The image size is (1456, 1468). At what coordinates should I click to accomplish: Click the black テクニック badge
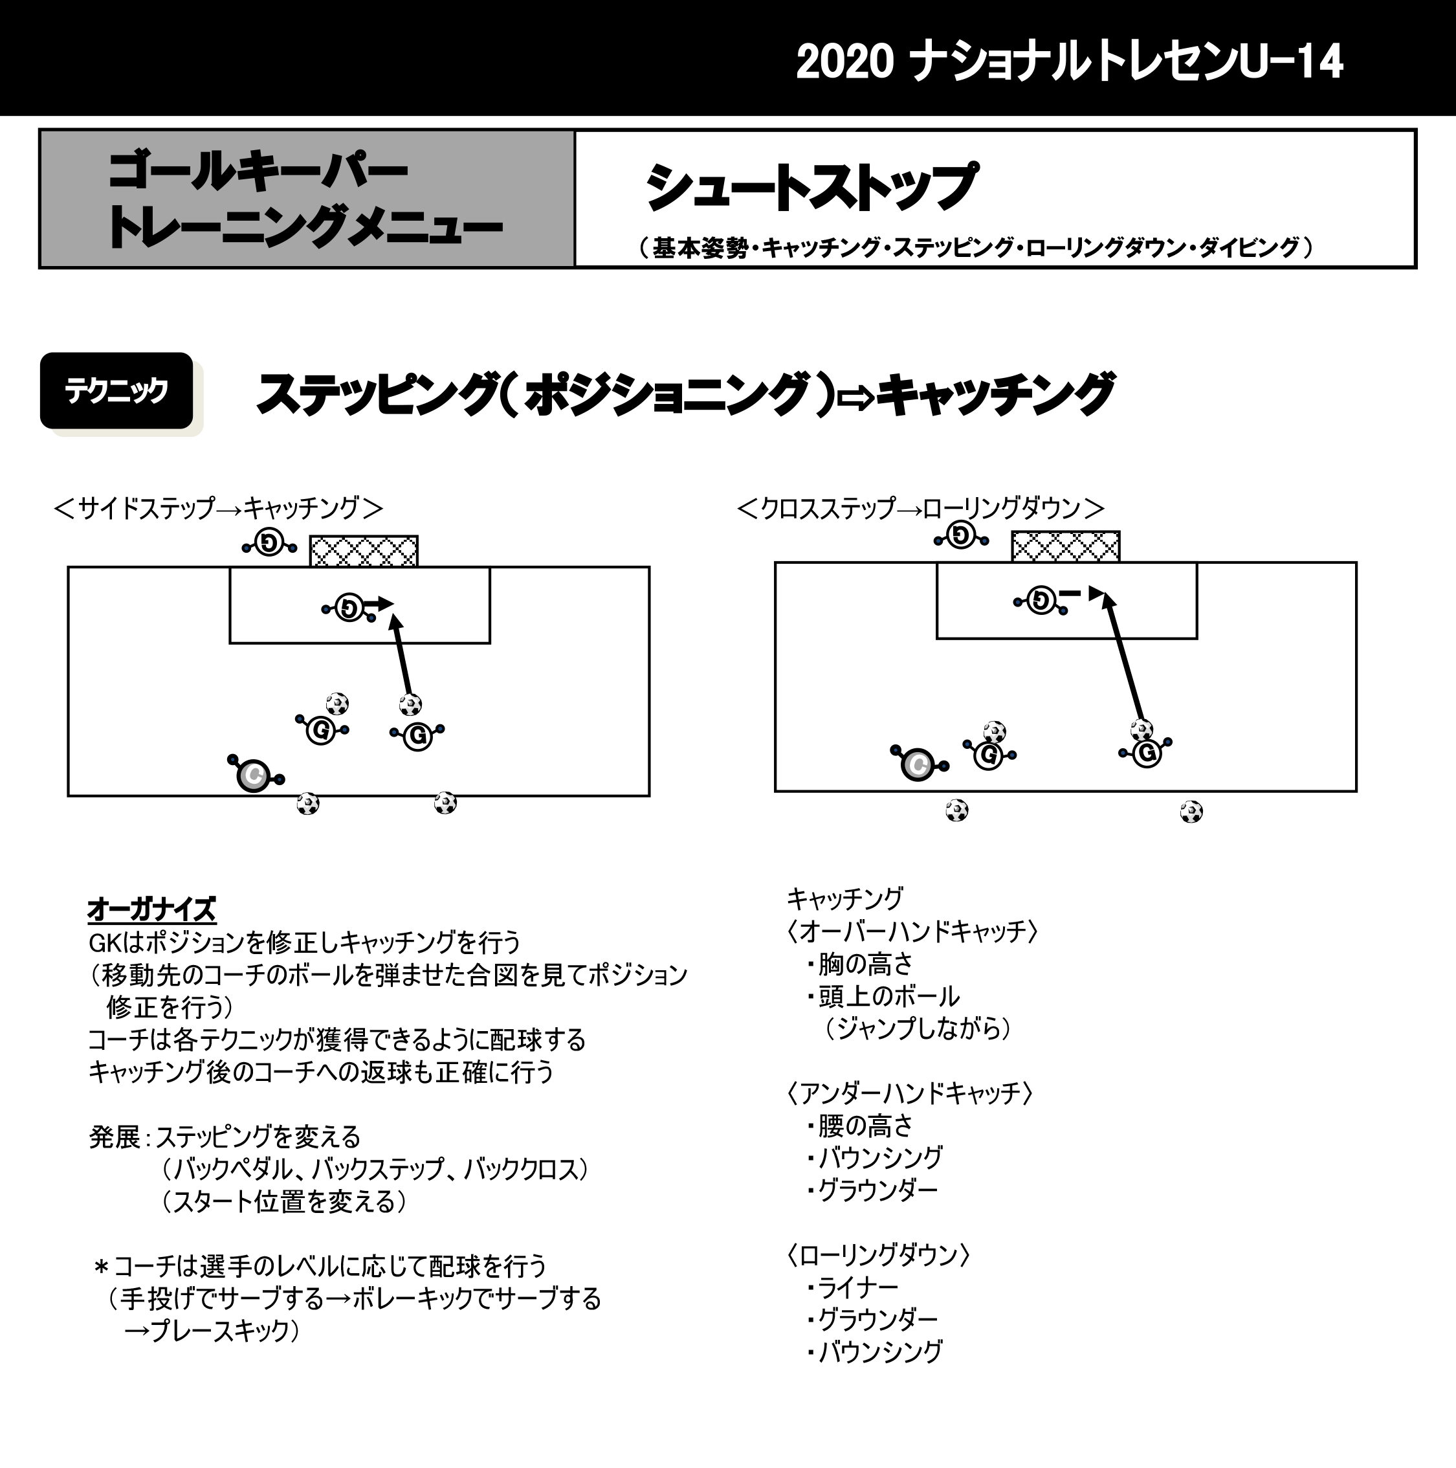[116, 390]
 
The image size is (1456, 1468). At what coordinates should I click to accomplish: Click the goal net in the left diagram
[364, 551]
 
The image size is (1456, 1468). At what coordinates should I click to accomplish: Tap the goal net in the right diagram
[1066, 546]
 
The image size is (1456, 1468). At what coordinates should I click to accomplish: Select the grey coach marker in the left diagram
[254, 775]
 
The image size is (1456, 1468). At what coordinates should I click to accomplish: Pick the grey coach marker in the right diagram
[918, 764]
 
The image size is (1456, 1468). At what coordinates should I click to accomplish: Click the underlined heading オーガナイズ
[152, 909]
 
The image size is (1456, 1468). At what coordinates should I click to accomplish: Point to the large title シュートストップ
[811, 187]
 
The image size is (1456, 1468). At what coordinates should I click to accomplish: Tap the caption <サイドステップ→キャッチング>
[219, 507]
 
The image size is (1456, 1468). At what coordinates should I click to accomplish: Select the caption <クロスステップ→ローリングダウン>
[921, 507]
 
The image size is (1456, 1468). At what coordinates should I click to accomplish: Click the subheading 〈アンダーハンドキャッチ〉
[909, 1093]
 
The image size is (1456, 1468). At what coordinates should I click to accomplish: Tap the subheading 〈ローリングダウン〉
[878, 1254]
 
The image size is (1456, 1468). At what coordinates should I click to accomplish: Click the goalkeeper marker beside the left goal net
[269, 542]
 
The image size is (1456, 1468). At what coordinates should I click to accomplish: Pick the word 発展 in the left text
[115, 1137]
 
